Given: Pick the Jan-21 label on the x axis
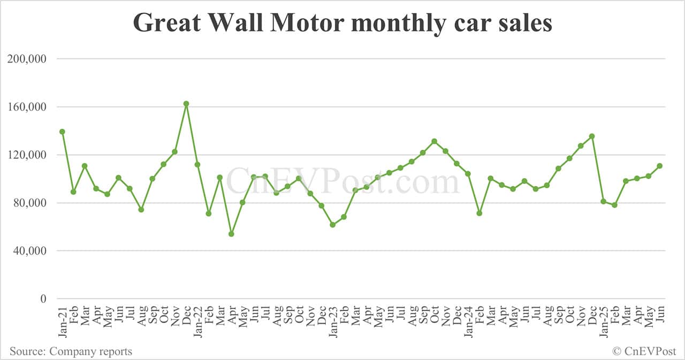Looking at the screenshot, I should pyautogui.click(x=62, y=321).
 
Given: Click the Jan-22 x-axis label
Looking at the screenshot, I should pyautogui.click(x=197, y=321).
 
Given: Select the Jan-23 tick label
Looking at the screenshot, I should pyautogui.click(x=332, y=321).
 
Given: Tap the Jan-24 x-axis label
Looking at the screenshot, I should pyautogui.click(x=468, y=321).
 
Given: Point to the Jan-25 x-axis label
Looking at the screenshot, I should pyautogui.click(x=603, y=321).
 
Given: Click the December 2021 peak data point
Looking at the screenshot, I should pyautogui.click(x=186, y=104).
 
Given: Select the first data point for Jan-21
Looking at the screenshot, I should pyautogui.click(x=62, y=132).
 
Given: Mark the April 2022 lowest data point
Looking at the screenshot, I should pyautogui.click(x=231, y=234).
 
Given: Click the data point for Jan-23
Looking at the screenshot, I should pyautogui.click(x=332, y=225).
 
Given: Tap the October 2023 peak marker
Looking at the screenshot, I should pyautogui.click(x=434, y=141).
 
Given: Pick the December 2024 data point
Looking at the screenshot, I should pyautogui.click(x=592, y=136).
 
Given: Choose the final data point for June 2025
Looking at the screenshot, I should pyautogui.click(x=659, y=166).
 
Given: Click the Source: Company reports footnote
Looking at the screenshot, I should pyautogui.click(x=71, y=351).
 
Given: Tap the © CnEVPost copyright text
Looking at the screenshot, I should pyautogui.click(x=644, y=351).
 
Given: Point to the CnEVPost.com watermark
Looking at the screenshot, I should pyautogui.click(x=342, y=181).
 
